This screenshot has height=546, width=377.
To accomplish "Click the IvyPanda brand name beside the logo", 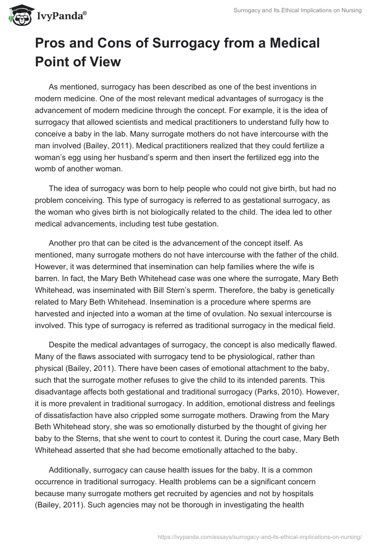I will click(61, 16).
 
